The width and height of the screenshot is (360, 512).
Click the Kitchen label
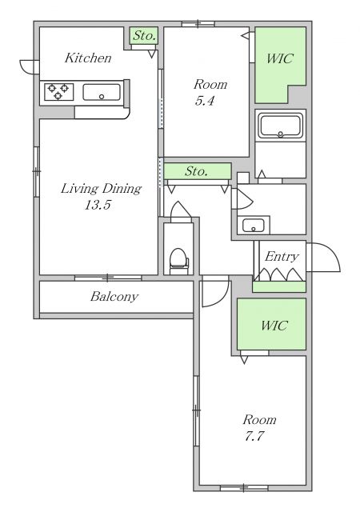click(x=88, y=58)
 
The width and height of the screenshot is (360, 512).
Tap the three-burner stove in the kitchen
click(x=59, y=92)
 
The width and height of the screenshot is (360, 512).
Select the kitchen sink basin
click(x=102, y=93)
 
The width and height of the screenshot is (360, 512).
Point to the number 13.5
click(x=98, y=205)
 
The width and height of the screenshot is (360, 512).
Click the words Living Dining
click(x=101, y=189)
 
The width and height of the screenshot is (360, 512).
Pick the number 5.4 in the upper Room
click(x=205, y=100)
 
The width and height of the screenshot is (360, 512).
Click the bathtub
click(x=280, y=126)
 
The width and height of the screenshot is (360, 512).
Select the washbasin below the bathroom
click(x=254, y=225)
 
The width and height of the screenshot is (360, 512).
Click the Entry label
click(x=282, y=256)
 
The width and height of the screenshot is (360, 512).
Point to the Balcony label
click(x=114, y=297)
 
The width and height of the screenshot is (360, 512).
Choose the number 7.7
click(x=254, y=436)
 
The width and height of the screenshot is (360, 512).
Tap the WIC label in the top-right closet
click(x=280, y=58)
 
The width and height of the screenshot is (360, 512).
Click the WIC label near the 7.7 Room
click(x=274, y=326)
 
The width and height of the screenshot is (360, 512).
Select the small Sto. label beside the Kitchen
click(x=144, y=35)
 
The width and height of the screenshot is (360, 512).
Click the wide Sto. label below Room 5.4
click(x=196, y=171)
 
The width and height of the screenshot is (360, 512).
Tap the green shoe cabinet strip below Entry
click(x=279, y=286)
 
